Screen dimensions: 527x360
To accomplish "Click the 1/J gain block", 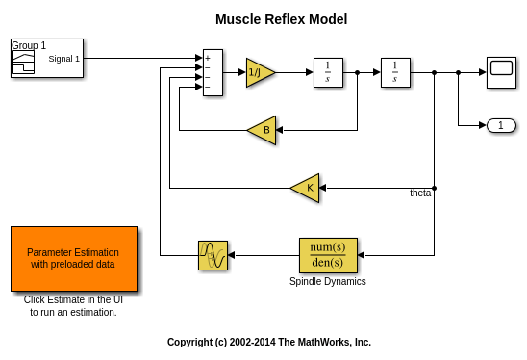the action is pos(260,72).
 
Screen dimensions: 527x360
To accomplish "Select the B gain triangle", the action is pos(263,130).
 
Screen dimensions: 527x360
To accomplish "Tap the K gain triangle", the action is pos(305,188).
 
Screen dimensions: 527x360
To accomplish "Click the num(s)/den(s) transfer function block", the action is pos(328,255).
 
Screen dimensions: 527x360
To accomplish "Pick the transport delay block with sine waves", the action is pos(213,255).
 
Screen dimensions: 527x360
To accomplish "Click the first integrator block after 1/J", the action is pos(328,72).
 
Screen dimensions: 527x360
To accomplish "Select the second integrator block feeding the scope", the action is pos(395,72).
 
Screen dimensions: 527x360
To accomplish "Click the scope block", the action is pos(501,72).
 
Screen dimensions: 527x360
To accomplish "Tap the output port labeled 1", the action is pos(501,125).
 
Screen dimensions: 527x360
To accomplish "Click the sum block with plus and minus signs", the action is pos(213,72).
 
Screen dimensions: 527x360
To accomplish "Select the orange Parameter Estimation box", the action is pos(74,259).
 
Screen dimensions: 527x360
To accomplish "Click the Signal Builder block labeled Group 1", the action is pos(47,58).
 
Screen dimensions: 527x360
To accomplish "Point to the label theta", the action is pos(420,193).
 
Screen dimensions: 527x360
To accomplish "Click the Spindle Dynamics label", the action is pos(328,281).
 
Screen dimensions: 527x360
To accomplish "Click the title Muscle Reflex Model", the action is pos(282,19).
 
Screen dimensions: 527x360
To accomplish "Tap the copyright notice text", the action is pos(269,342).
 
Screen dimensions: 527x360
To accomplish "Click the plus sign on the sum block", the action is pos(208,58).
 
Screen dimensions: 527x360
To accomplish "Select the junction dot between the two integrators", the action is pos(358,72).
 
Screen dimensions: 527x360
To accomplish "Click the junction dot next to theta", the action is pos(435,188).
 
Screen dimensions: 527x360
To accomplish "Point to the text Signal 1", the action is pos(63,59).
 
